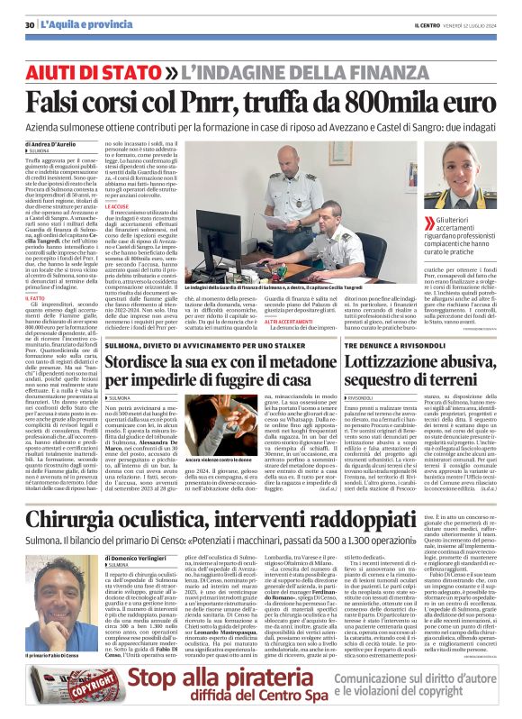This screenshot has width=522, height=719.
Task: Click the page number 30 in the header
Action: tap(30, 23)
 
